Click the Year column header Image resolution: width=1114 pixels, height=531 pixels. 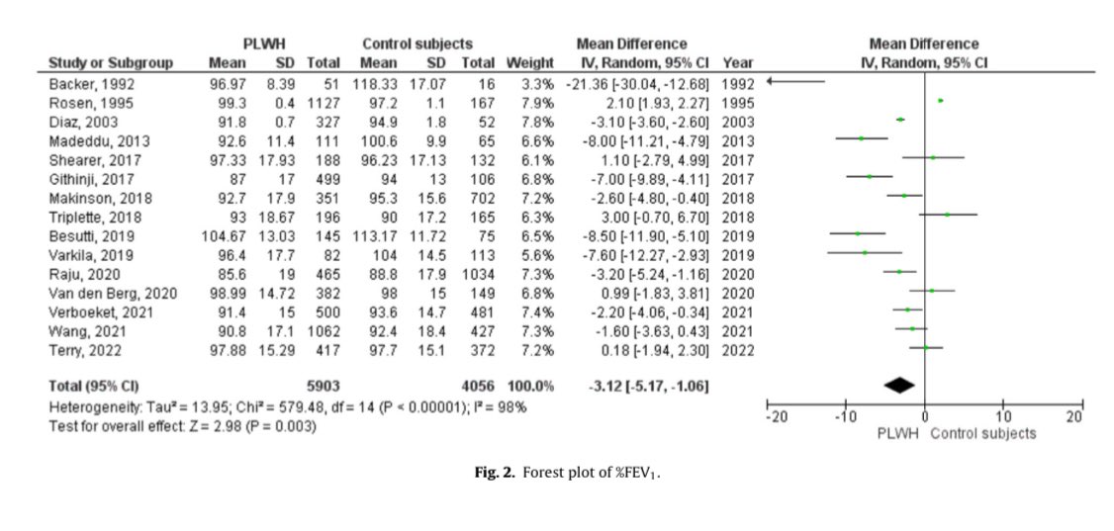click(x=737, y=64)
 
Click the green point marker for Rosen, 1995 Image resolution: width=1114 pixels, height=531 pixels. click(x=940, y=101)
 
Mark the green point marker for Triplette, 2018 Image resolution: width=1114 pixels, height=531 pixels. click(x=947, y=214)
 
